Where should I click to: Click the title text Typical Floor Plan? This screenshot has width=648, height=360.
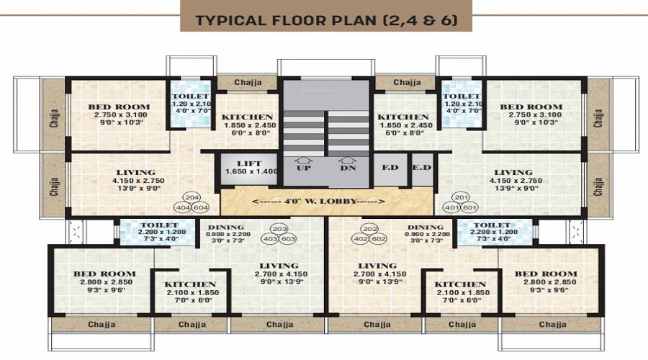[325, 19]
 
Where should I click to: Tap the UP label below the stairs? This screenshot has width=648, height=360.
[304, 168]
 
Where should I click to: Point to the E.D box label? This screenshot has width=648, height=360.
[420, 168]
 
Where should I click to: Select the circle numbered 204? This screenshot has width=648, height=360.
[192, 197]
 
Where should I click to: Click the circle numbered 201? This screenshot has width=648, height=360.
[461, 197]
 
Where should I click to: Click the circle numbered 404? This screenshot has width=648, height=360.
[183, 207]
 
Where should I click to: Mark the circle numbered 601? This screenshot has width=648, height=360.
[470, 207]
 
